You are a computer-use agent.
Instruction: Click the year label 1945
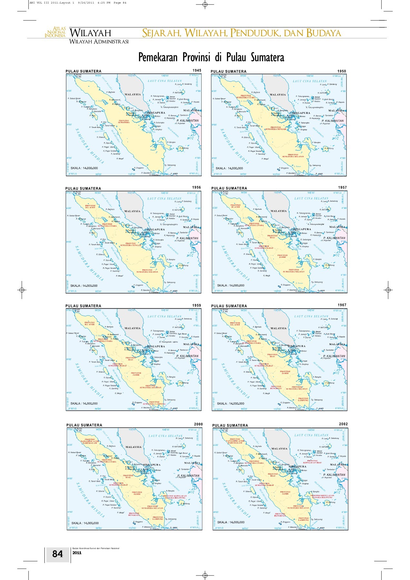[x=197, y=70]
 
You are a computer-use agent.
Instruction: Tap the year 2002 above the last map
[x=343, y=424]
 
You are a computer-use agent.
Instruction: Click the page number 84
[x=57, y=554]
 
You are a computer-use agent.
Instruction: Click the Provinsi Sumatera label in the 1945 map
[x=124, y=122]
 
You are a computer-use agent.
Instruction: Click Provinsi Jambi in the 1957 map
[x=282, y=256]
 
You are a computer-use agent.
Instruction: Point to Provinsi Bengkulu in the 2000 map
[x=134, y=514]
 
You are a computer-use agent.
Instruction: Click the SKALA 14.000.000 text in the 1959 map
[x=84, y=403]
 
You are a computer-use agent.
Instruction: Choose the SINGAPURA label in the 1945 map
[x=156, y=113]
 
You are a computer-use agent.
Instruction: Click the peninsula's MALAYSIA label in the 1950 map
[x=278, y=95]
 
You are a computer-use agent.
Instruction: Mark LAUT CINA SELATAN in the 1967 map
[x=311, y=316]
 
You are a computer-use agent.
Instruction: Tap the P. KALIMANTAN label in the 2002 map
[x=336, y=475]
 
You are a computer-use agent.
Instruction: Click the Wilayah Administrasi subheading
[x=99, y=42]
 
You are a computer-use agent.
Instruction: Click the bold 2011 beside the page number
[x=77, y=553]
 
